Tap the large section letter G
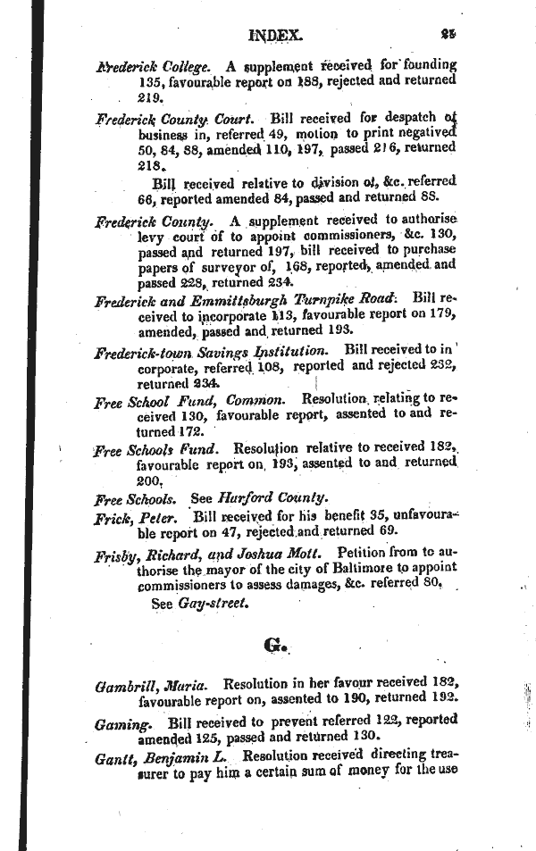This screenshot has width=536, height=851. [x=273, y=646]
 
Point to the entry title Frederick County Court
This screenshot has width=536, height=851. [x=168, y=118]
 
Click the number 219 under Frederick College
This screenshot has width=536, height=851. [x=148, y=96]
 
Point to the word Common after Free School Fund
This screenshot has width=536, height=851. [x=255, y=399]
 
